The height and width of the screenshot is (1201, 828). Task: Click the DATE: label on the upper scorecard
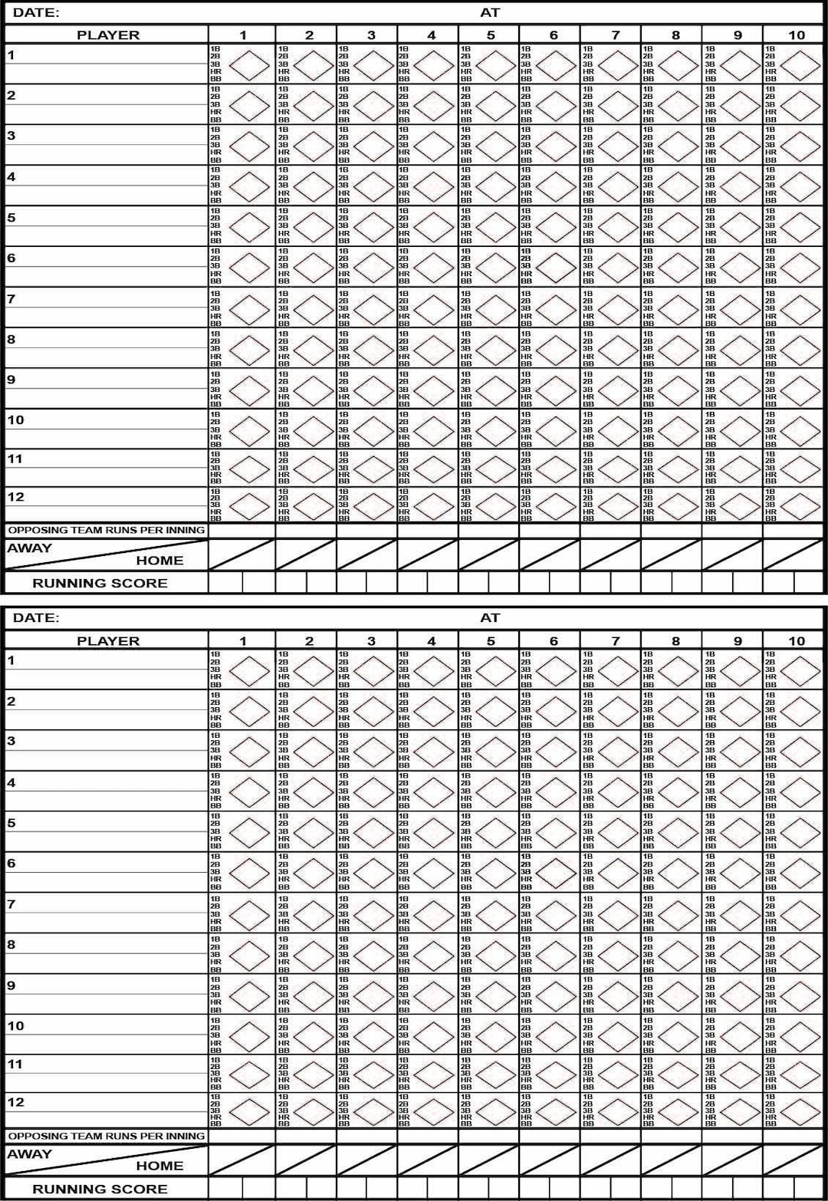(x=36, y=12)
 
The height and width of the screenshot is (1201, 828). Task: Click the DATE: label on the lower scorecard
(x=36, y=618)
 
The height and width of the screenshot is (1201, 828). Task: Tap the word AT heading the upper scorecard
(x=490, y=12)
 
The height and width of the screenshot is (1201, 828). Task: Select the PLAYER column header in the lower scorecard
(x=108, y=641)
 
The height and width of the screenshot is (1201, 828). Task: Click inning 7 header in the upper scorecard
(x=615, y=35)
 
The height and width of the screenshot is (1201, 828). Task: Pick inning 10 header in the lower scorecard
(x=797, y=641)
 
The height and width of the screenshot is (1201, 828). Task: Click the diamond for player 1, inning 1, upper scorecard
(x=250, y=64)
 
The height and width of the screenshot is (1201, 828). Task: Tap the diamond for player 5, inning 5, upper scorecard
(x=495, y=226)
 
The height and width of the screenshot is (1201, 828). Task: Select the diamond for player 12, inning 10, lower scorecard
(x=800, y=1111)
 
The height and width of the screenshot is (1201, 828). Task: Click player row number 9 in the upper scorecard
(x=11, y=380)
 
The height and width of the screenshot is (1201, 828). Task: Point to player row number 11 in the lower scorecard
(x=15, y=1064)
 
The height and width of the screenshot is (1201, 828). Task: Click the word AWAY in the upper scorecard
(x=30, y=548)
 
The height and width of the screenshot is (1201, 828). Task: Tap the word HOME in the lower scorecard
(x=159, y=1166)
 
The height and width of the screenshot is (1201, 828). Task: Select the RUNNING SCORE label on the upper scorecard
(x=100, y=584)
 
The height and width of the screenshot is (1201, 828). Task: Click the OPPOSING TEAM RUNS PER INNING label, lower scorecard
(x=107, y=1136)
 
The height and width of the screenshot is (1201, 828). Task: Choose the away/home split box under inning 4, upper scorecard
(x=428, y=554)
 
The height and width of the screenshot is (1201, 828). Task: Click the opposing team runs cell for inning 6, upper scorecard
(x=550, y=531)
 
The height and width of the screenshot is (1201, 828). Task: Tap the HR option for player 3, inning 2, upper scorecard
(x=284, y=153)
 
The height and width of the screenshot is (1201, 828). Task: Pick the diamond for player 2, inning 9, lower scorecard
(x=740, y=710)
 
